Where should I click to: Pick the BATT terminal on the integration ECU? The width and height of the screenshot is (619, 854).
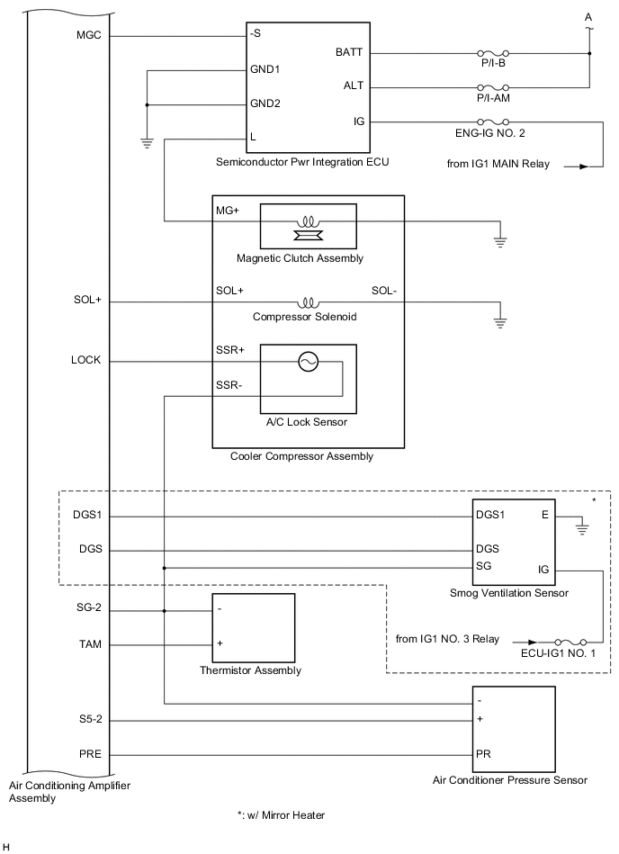point(349,53)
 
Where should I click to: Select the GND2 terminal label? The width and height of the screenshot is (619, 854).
point(265,103)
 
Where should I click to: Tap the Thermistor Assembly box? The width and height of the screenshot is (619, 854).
point(253,627)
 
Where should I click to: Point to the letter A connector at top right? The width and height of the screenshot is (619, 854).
point(588,16)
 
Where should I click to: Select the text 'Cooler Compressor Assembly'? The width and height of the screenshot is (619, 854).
point(301,457)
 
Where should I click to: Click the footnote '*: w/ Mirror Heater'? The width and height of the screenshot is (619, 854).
point(280,815)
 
